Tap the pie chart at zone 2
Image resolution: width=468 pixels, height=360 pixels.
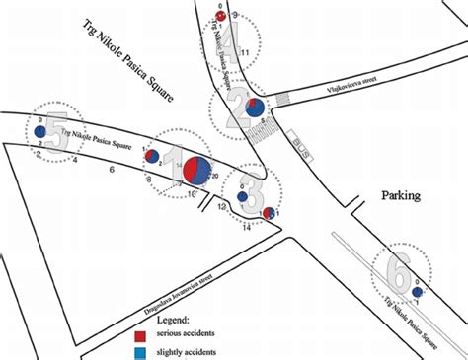pos(255,108)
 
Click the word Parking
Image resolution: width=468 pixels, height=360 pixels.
pos(400,195)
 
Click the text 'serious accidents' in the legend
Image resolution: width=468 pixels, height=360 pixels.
pos(184,335)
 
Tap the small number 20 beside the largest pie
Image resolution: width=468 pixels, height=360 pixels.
pos(214,175)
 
